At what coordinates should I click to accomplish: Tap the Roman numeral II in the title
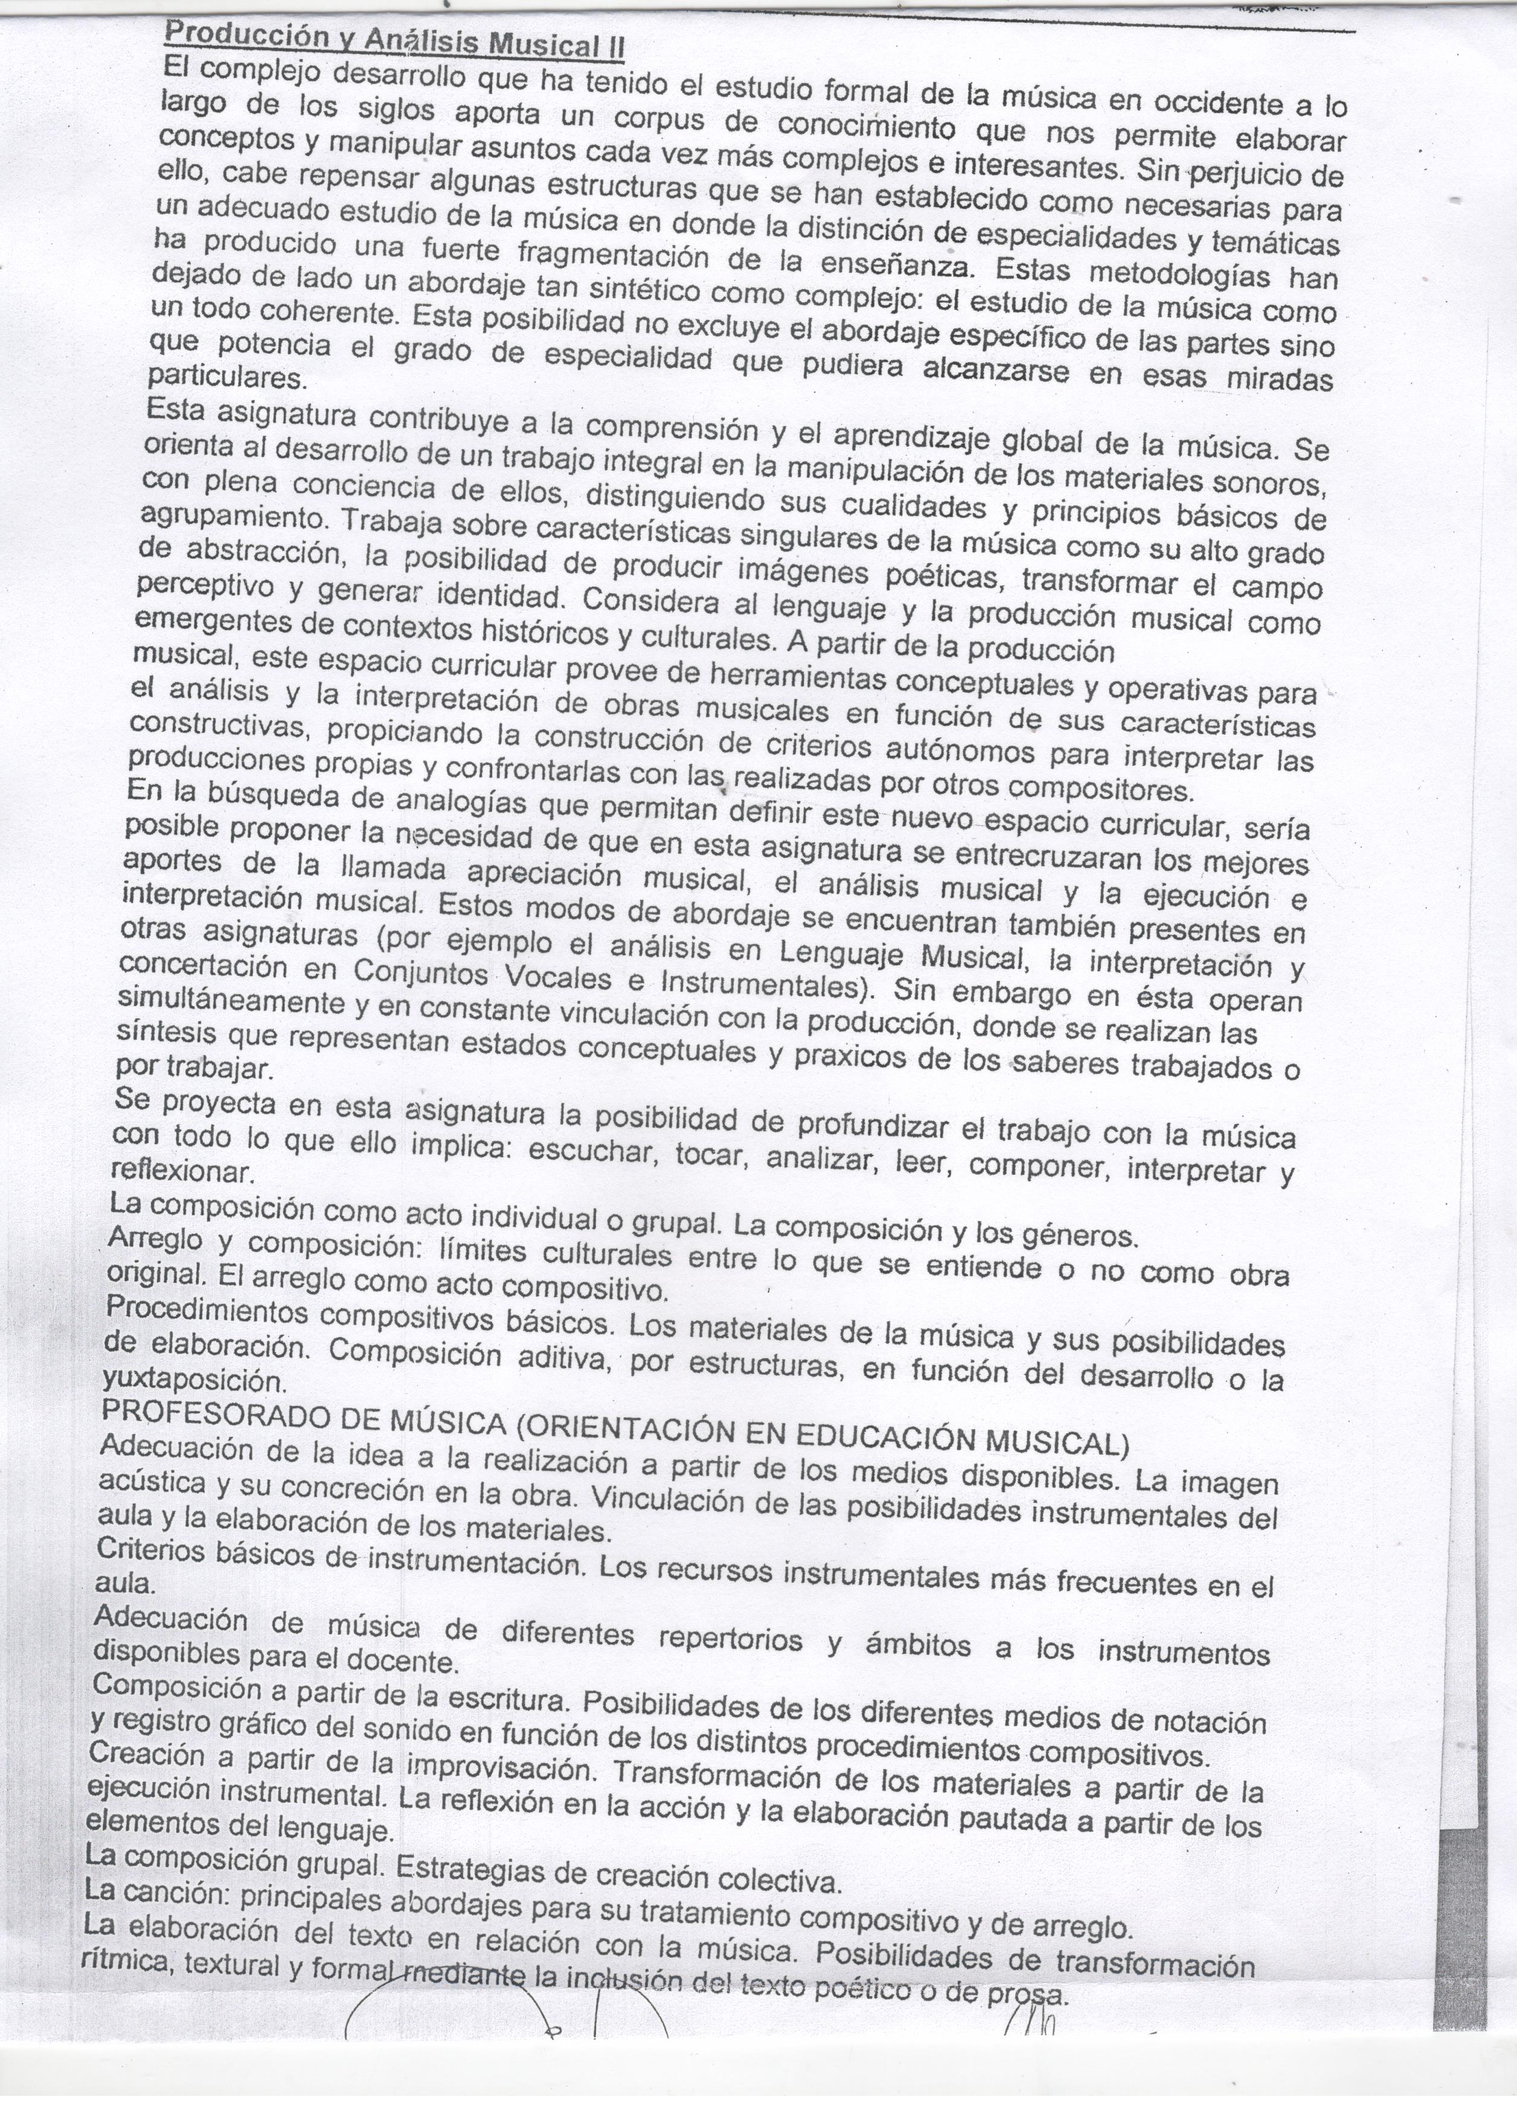[x=612, y=46]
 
